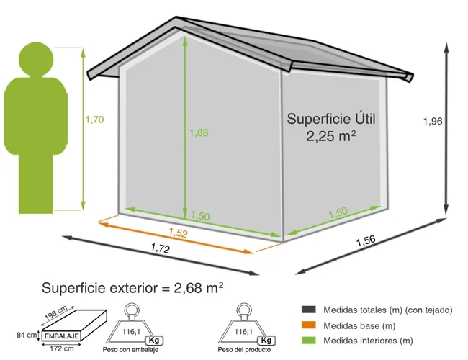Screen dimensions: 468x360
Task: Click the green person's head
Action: [x=36, y=59]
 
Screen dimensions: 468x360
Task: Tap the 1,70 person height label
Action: [x=94, y=120]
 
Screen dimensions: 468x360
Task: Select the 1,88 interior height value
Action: [x=199, y=132]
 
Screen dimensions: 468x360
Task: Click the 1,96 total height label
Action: [x=433, y=121]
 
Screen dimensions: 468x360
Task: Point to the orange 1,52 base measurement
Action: [x=178, y=233]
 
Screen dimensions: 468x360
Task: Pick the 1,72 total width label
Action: [x=161, y=248]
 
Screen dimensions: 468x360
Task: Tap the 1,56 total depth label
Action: [x=366, y=240]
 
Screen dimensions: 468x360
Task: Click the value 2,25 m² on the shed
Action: [x=331, y=136]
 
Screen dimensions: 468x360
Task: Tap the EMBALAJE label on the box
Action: [x=62, y=336]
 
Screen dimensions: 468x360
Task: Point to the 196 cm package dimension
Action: [x=56, y=312]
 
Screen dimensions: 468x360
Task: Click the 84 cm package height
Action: [x=27, y=336]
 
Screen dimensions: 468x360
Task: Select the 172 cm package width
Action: [x=61, y=348]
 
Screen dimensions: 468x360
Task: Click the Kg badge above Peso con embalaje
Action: [x=154, y=341]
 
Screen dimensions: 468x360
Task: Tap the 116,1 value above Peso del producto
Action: [x=243, y=332]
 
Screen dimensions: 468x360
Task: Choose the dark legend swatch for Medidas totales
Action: [x=309, y=310]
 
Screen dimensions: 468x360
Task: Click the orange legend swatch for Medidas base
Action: [x=309, y=325]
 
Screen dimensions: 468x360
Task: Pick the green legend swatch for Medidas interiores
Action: [x=309, y=341]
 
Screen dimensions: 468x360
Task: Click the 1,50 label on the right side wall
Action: [x=338, y=213]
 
